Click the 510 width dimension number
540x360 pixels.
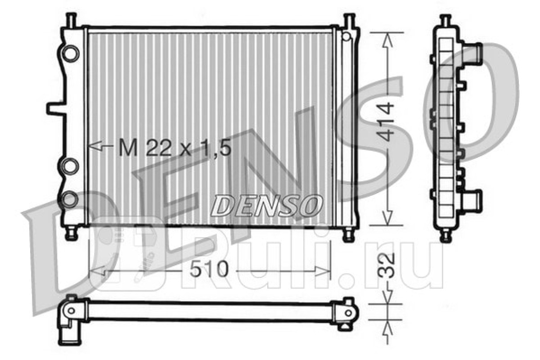209,269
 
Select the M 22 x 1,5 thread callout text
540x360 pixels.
175,148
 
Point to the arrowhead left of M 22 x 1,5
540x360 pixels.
96,146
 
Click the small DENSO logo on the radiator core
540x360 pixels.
266,206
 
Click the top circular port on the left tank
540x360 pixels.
70,53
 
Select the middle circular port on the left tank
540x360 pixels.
70,166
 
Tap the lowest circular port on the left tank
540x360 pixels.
69,199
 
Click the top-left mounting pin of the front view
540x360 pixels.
71,20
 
